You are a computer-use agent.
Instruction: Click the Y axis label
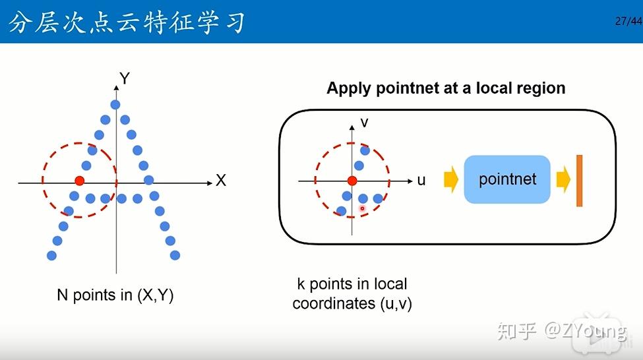[125, 79]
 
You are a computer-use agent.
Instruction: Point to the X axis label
[221, 181]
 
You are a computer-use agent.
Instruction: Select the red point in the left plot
[80, 181]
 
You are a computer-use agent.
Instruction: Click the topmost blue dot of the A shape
[115, 104]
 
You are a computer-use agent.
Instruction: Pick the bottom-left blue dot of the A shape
[51, 255]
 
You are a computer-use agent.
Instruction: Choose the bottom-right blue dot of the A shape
[175, 255]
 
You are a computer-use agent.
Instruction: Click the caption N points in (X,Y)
[115, 295]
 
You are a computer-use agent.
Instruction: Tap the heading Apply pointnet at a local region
[446, 88]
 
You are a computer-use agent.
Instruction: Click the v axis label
[364, 122]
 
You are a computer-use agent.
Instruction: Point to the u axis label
[421, 180]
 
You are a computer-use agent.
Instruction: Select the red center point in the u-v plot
[352, 181]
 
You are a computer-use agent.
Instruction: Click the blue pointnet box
[507, 179]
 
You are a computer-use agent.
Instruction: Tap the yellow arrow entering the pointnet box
[451, 179]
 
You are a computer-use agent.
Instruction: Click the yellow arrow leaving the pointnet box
[563, 179]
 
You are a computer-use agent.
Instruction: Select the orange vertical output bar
[579, 181]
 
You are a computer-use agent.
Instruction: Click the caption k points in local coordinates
[352, 293]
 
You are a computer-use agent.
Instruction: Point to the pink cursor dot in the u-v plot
[362, 209]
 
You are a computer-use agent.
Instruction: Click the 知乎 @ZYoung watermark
[561, 330]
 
